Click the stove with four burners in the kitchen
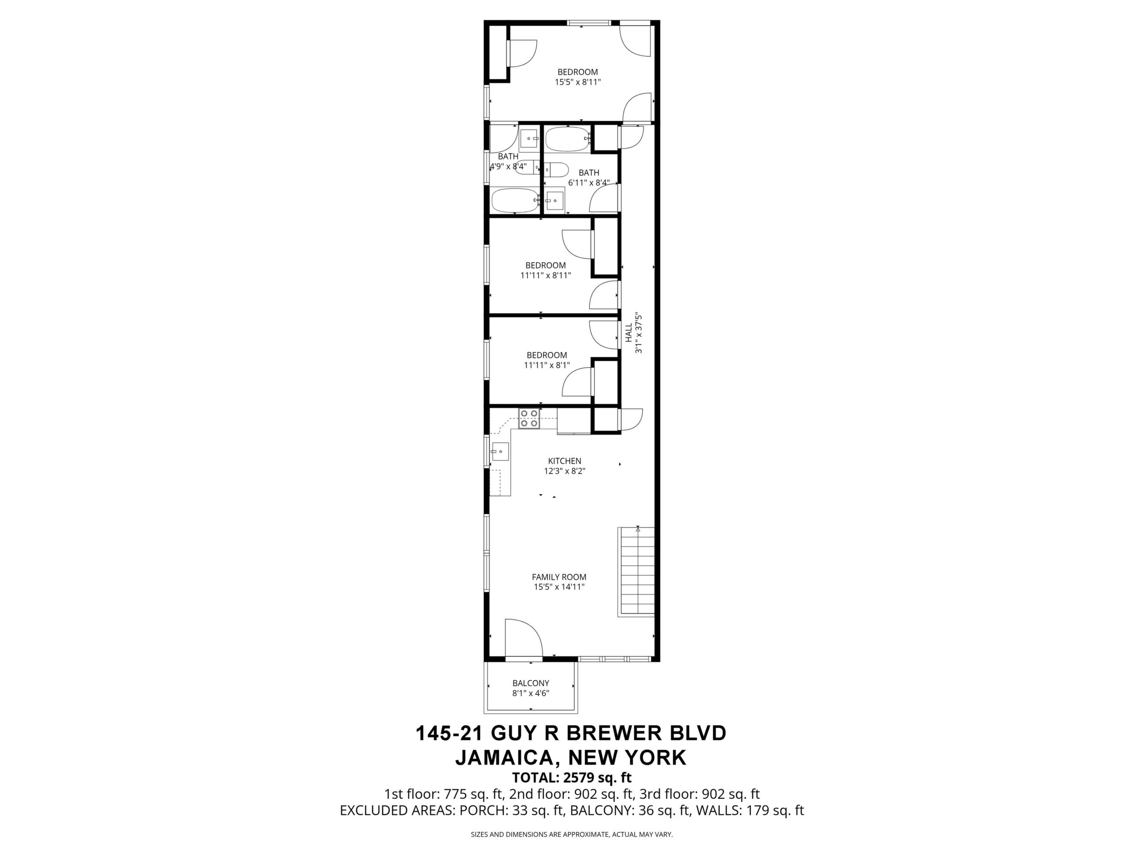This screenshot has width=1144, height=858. tap(529, 418)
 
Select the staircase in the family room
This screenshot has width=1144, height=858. tap(636, 572)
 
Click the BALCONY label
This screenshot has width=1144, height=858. tap(531, 683)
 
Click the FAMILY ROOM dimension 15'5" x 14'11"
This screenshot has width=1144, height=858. tap(559, 587)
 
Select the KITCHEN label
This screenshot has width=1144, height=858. tap(565, 461)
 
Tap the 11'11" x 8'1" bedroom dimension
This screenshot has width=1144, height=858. tap(547, 365)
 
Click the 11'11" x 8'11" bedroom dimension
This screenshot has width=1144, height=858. tap(545, 275)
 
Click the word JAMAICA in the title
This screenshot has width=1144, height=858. tap(505, 758)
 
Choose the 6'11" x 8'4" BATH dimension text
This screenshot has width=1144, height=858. tap(589, 182)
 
